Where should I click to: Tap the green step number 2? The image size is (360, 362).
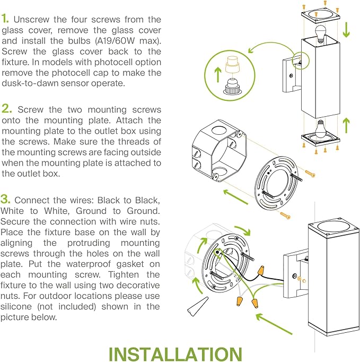[7, 109]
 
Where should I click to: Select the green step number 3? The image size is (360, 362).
[6, 200]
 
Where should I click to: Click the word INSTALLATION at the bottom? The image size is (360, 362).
[175, 354]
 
